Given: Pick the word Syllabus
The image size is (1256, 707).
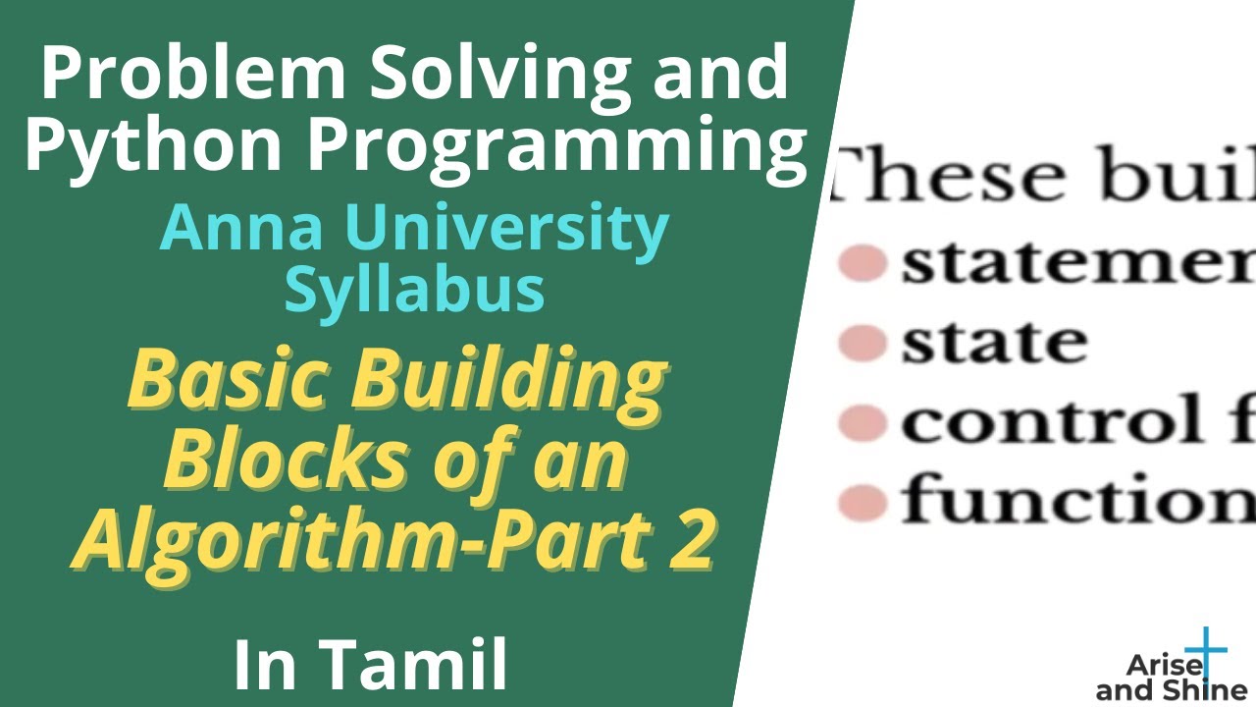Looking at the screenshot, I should (x=414, y=290).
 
